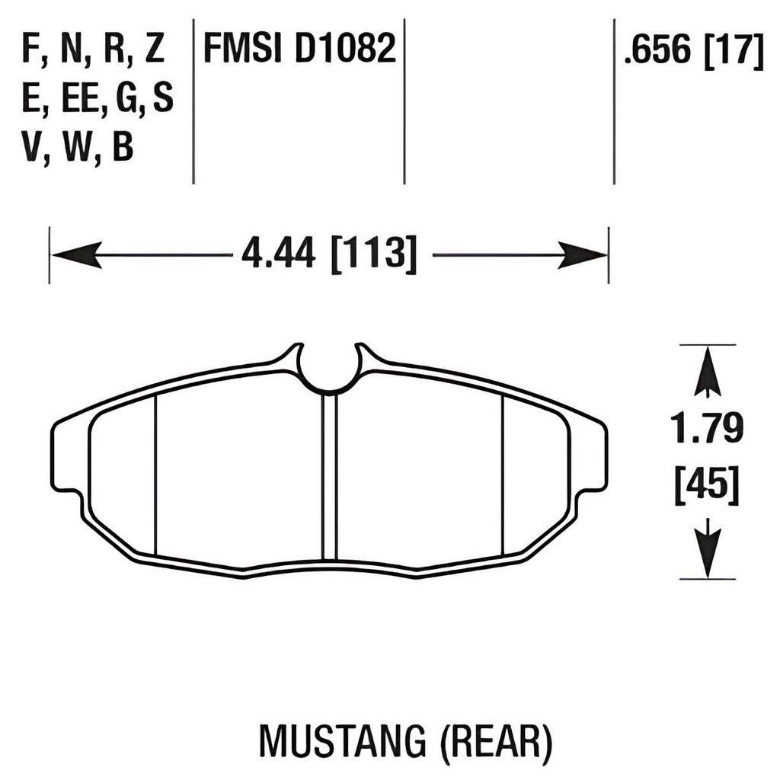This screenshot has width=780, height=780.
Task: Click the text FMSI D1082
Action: tap(299, 50)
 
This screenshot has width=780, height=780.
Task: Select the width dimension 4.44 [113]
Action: tap(329, 254)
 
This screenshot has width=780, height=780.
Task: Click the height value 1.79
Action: tap(707, 430)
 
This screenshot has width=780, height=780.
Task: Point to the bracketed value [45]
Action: tap(707, 484)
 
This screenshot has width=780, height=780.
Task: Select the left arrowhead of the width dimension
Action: tap(76, 254)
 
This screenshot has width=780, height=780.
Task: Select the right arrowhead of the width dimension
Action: tap(582, 254)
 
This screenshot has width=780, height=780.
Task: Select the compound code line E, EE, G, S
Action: tap(97, 99)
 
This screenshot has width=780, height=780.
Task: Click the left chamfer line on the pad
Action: tap(155, 475)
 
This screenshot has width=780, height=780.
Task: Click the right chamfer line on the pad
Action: tap(503, 475)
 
